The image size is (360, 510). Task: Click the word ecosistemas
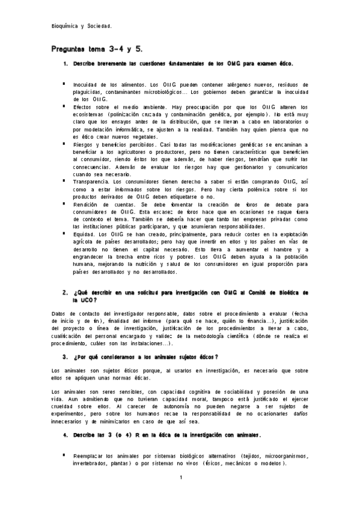point(91,113)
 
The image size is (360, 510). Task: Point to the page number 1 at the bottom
point(180,478)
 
